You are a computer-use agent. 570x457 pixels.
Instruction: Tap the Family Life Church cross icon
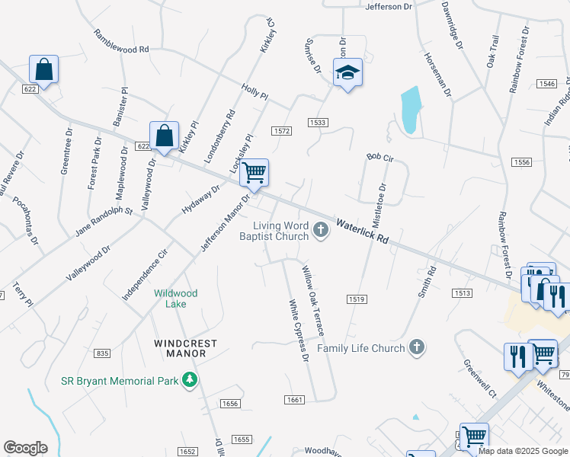pos(416,348)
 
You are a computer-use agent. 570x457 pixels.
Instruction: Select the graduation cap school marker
pos(347,73)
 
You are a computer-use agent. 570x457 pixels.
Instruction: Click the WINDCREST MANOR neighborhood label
pos(180,348)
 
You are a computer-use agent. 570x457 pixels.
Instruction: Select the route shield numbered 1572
pos(282,131)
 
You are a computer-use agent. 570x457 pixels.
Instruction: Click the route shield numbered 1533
pos(318,122)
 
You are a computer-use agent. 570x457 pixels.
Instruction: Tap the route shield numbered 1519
pos(355,299)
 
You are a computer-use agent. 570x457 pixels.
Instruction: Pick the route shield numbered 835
pos(103,353)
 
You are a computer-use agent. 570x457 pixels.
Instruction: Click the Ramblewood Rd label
pos(122,43)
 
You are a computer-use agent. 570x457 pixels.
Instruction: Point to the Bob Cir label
pos(379,156)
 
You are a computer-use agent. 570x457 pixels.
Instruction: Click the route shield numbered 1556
pos(522,162)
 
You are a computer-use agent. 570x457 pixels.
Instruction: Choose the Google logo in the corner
pos(25,448)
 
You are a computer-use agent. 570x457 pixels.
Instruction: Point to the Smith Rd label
pos(430,281)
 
